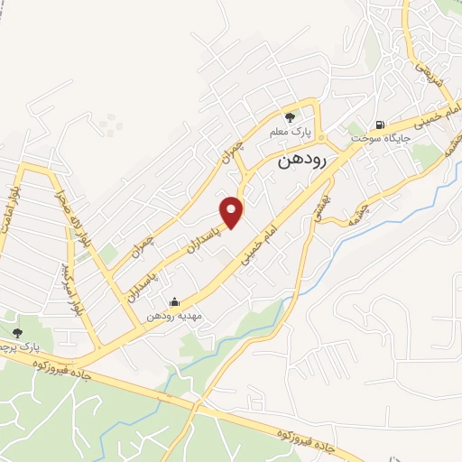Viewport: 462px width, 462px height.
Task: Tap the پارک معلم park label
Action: (291, 132)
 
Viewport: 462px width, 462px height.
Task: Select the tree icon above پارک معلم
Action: (290, 116)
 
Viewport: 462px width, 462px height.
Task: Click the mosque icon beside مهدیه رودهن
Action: (174, 302)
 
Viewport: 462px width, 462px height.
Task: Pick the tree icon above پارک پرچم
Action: (17, 333)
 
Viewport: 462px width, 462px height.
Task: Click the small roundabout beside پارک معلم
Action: (333, 145)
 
